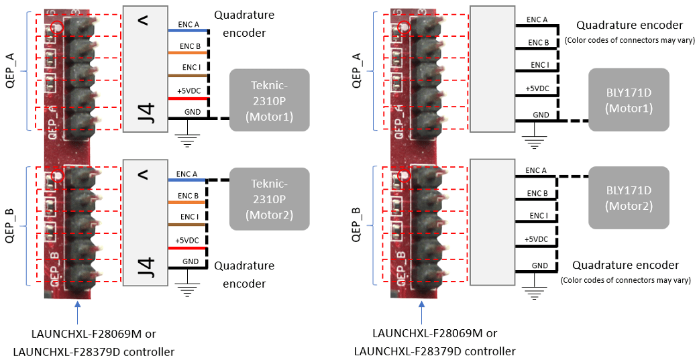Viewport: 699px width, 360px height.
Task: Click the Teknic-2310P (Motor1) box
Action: pyautogui.click(x=270, y=99)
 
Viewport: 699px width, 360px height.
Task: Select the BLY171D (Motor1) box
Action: pyautogui.click(x=629, y=99)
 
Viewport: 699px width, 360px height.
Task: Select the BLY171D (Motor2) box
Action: pyautogui.click(x=629, y=198)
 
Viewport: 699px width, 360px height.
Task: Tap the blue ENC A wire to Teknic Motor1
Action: pyautogui.click(x=189, y=30)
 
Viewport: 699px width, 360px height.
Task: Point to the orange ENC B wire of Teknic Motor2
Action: pyautogui.click(x=187, y=202)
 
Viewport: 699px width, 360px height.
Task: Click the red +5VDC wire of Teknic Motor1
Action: pyautogui.click(x=189, y=97)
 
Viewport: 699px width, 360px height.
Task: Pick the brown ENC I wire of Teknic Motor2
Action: pyautogui.click(x=187, y=224)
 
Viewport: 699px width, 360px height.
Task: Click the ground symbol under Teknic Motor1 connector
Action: pyautogui.click(x=189, y=141)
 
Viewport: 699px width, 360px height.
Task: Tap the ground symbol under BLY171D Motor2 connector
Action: pyautogui.click(x=534, y=293)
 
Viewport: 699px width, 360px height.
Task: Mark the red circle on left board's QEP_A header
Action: pyautogui.click(x=57, y=27)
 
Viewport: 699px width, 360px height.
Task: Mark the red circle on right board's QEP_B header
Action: pyautogui.click(x=404, y=176)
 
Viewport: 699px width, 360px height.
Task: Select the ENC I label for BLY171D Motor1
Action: pyautogui.click(x=539, y=65)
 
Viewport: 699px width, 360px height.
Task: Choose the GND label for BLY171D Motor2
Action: pyautogui.click(x=539, y=265)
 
